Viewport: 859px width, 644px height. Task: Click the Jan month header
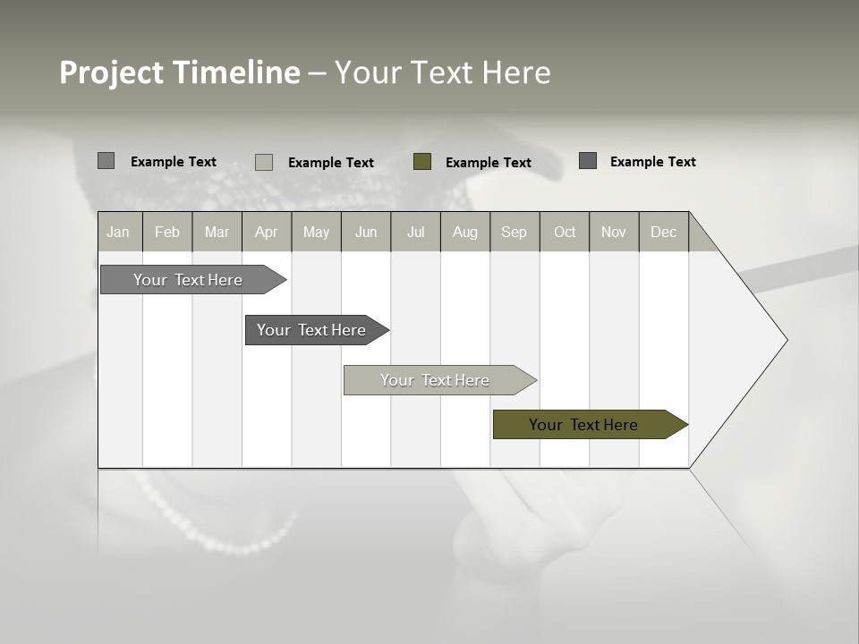tap(118, 232)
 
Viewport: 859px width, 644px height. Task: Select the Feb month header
tap(167, 232)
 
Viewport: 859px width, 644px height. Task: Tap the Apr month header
tap(266, 232)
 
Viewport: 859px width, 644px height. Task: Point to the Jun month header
tap(366, 232)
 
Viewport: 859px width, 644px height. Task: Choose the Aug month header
tap(464, 232)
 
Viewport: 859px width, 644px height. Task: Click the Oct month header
tap(565, 232)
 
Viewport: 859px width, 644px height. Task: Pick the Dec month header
tap(663, 232)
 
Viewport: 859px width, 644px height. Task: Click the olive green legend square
tap(422, 162)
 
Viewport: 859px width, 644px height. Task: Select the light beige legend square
tap(264, 162)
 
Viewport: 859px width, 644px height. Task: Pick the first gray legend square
tap(106, 161)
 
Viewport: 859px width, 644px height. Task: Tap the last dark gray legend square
tap(588, 161)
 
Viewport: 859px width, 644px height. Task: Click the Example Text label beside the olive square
tap(488, 163)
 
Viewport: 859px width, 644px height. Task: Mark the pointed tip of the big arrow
tap(786, 340)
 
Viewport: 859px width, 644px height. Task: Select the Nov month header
tap(614, 232)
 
